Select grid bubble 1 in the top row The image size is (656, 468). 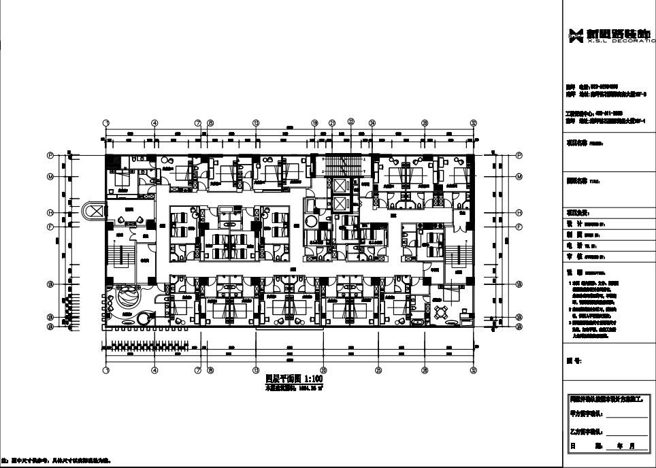pos(105,123)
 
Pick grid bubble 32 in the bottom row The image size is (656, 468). pos(474,370)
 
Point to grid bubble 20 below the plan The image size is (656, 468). pos(323,370)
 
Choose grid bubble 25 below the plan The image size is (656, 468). pos(378,370)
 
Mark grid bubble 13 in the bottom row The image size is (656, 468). pos(256,370)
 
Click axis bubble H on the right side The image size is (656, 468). pos(519,212)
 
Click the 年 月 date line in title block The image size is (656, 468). pos(610,446)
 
